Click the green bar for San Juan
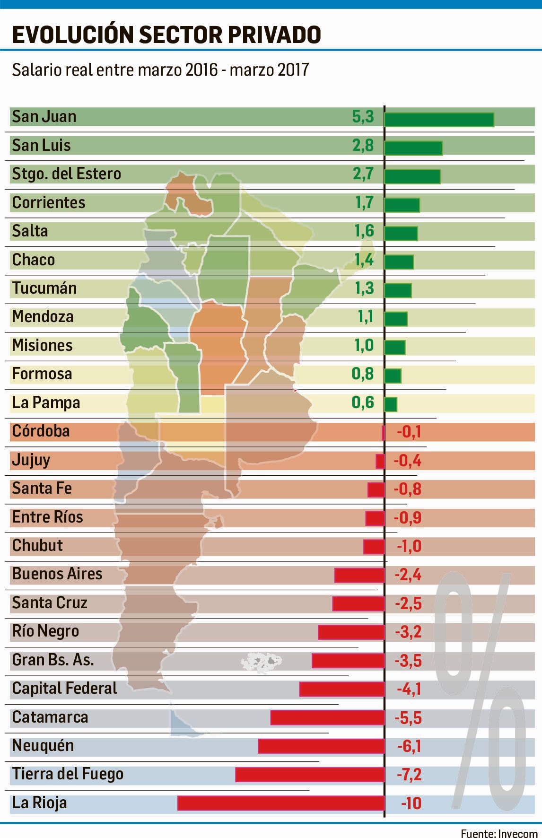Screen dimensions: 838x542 coord(439,120)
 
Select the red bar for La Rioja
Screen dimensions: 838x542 coord(281,803)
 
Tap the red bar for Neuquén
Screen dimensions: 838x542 coord(321,746)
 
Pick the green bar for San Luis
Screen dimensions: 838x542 coord(413,148)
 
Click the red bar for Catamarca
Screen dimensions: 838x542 coord(327,718)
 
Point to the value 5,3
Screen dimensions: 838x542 coord(363,117)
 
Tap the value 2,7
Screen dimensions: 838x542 coord(363,174)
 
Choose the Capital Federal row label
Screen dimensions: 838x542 coord(64,688)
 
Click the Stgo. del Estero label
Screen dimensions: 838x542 coord(67,174)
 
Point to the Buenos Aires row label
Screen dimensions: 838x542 coord(57,574)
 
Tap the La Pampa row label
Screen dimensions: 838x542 coord(46,403)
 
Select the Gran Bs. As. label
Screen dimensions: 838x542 coord(53,660)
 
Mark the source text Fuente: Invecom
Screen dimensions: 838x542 coord(499,832)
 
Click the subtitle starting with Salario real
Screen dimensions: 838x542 coord(160,70)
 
